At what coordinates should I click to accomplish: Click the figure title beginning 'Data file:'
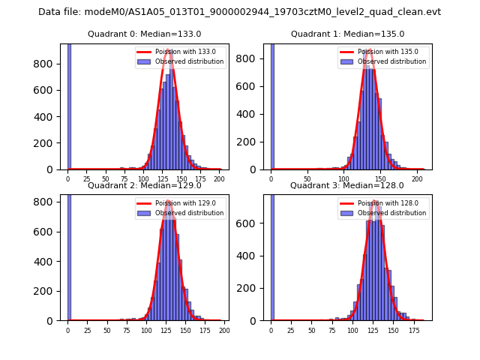point(239,12)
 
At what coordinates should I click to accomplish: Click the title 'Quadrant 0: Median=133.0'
point(144,34)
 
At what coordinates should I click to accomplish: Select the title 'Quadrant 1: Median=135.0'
point(347,34)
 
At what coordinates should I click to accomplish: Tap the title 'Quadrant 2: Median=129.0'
point(144,185)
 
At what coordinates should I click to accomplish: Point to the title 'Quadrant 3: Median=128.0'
point(346,185)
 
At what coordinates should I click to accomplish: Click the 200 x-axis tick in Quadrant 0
point(219,179)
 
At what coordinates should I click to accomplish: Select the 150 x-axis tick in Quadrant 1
point(379,179)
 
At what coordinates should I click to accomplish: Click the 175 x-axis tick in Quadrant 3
point(413,331)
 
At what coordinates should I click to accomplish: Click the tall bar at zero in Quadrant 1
point(272,105)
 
